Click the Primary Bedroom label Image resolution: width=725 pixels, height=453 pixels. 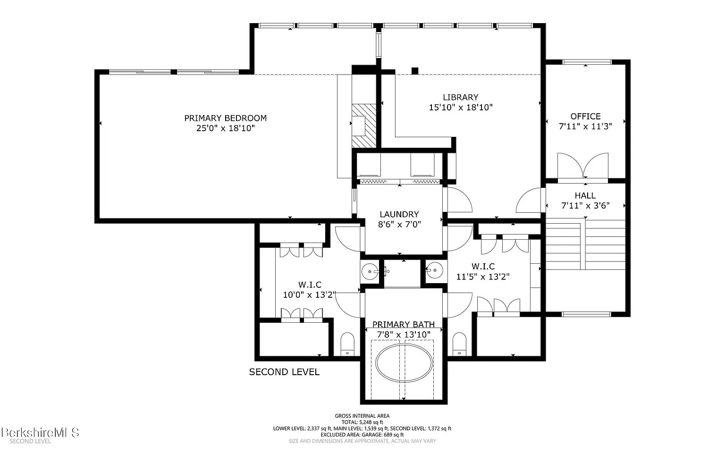pos(225,118)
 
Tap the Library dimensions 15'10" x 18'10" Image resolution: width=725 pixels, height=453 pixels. pos(461,108)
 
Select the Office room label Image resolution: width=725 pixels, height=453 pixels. pos(585,116)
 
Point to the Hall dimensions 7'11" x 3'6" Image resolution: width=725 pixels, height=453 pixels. pos(585,205)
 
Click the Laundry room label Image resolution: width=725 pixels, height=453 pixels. pos(399,214)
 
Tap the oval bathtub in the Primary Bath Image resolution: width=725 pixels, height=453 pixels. pos(404,363)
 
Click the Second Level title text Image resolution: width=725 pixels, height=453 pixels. pos(284,372)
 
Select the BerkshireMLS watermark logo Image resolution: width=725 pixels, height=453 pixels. pos(40,433)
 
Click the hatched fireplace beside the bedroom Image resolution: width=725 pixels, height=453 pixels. pos(364,126)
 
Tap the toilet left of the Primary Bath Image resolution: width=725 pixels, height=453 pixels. pos(347,344)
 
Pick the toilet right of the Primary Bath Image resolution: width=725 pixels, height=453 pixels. pos(459,344)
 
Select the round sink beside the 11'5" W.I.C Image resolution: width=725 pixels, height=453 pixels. pos(435,270)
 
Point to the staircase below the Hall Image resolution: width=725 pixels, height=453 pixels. pos(585,244)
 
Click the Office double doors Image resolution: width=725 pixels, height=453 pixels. pos(583,165)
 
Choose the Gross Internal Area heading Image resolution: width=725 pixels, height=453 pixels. pos(362,416)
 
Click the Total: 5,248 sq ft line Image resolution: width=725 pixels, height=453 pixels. pos(362,422)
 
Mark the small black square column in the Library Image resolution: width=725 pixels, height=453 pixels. pos(415,71)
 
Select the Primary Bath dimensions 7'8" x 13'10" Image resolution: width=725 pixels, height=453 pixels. pos(404,335)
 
